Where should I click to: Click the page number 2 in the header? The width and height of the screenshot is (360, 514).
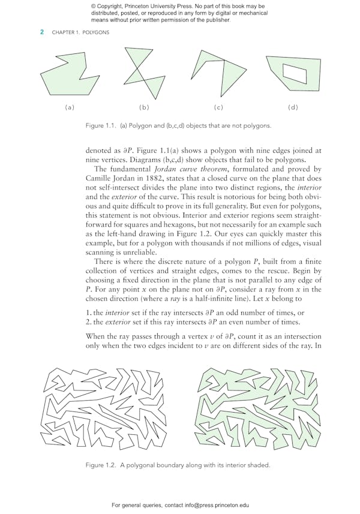click(41, 32)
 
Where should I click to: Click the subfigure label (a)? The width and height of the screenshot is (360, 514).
click(70, 107)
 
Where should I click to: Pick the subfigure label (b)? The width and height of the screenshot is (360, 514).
click(144, 107)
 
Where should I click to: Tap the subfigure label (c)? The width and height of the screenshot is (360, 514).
click(218, 107)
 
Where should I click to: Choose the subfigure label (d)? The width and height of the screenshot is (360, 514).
click(293, 107)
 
